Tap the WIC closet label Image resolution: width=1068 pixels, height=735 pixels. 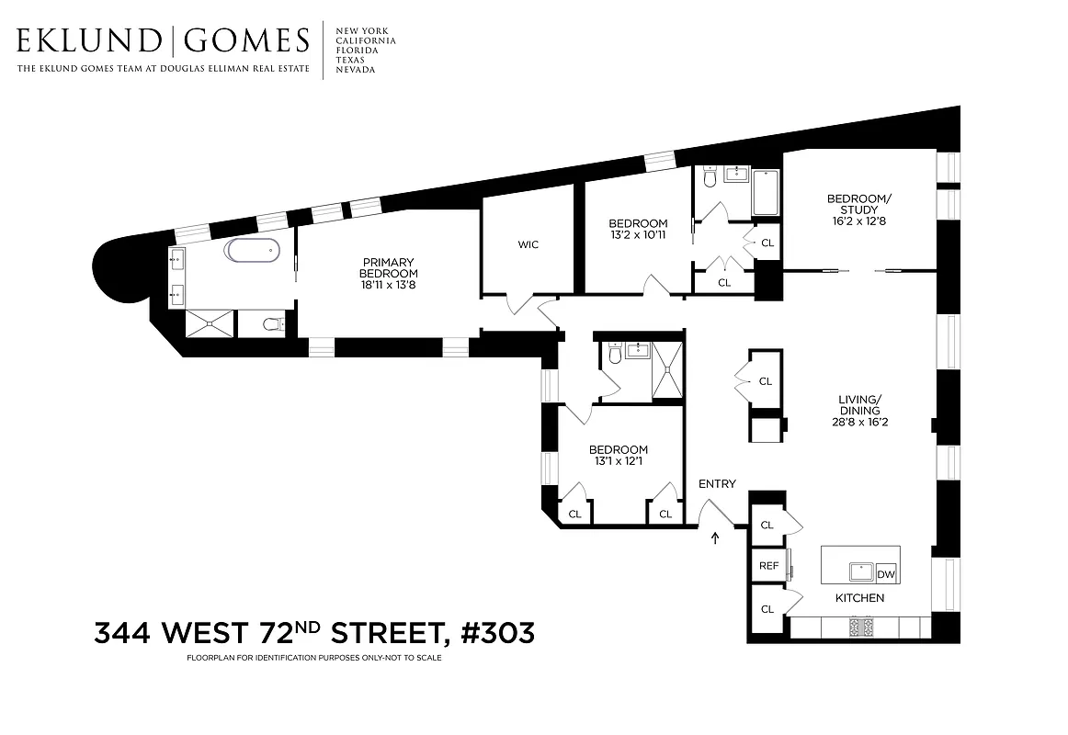pos(528,244)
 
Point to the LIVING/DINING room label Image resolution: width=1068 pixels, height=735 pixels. pos(859,410)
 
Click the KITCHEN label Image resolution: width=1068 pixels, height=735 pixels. pos(859,598)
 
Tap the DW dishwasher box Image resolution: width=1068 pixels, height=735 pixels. pos(886,574)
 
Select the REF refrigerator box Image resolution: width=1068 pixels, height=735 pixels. pos(767,566)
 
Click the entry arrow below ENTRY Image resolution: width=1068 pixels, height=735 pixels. pos(715,537)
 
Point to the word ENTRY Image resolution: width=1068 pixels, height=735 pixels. pos(717,484)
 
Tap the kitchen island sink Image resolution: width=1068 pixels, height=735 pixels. pos(860,571)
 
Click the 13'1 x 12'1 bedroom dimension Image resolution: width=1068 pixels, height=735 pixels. pos(618,461)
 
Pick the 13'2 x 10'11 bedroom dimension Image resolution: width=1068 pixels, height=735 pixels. pos(638,236)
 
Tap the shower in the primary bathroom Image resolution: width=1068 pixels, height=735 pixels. pos(211,322)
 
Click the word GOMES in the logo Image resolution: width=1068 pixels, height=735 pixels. pos(246,41)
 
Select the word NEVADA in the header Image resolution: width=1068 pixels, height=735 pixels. pos(356,70)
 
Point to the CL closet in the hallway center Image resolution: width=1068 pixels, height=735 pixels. pos(766,381)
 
